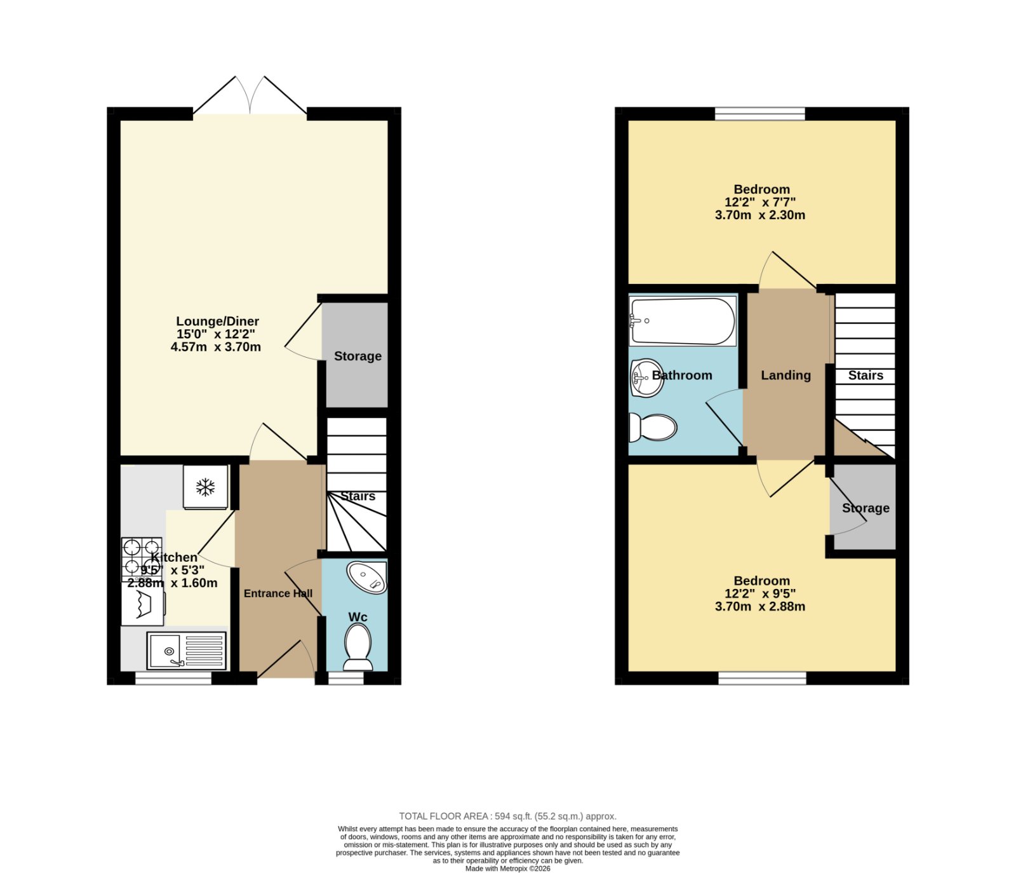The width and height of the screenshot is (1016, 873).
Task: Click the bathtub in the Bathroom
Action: (683, 321)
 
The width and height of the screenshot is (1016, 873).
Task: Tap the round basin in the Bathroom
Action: (646, 377)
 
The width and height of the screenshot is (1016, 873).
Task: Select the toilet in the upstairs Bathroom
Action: (652, 428)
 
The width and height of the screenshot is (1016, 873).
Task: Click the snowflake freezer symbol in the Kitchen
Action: (205, 487)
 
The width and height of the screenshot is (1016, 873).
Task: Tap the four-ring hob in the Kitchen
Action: (142, 556)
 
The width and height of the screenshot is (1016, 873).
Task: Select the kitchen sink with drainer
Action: (187, 651)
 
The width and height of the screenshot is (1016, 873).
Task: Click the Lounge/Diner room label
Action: (217, 321)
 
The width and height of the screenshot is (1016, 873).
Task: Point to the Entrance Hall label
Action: (278, 593)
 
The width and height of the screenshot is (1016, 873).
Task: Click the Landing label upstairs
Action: (786, 376)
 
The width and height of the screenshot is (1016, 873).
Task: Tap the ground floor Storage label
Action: (358, 356)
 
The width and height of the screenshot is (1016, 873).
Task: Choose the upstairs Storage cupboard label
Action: (866, 508)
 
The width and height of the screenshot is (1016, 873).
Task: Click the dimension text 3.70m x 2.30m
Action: (760, 215)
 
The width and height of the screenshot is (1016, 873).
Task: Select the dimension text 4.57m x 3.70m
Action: (216, 347)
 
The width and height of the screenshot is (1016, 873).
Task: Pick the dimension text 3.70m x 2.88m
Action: (760, 607)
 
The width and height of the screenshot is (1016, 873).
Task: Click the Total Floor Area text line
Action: (508, 816)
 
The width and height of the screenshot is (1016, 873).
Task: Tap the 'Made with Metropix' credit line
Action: (508, 869)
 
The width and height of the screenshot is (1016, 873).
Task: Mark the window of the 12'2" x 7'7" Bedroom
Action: (760, 114)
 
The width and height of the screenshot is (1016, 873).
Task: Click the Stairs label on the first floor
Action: (866, 376)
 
